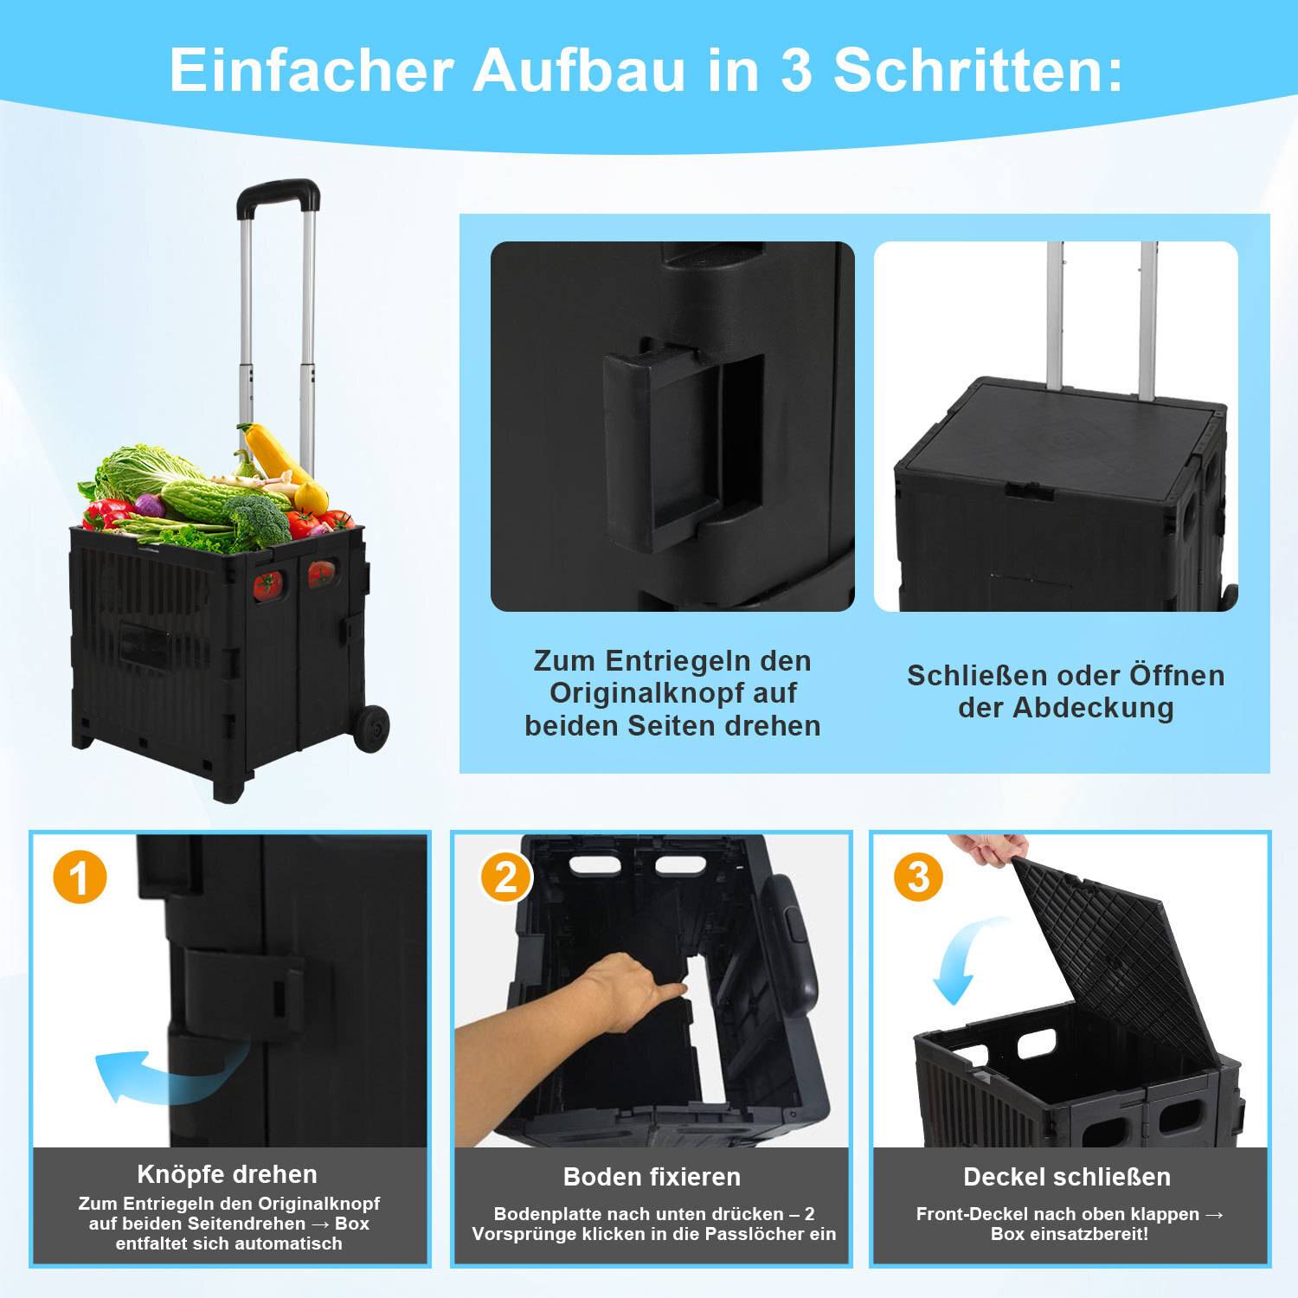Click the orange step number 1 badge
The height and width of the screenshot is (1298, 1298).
80,877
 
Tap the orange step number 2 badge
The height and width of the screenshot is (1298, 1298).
506,877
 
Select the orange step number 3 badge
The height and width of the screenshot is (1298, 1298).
918,877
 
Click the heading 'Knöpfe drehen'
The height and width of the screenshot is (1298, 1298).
228,1174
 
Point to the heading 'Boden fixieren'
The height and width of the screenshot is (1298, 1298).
652,1177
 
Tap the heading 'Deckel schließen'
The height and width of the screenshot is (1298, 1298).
1067,1177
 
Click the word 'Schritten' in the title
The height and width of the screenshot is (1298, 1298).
978,70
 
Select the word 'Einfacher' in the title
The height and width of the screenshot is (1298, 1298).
312,70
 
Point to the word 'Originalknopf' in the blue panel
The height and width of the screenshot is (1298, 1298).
672,693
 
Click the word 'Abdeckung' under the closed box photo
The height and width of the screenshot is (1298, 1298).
1094,708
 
